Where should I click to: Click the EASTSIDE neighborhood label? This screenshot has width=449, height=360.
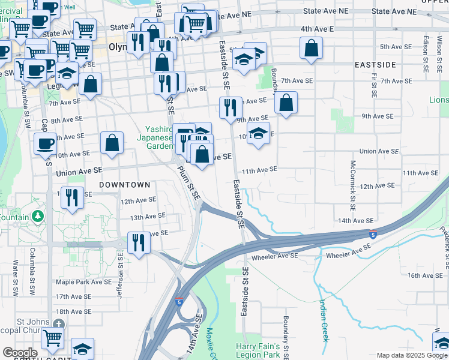tap(375, 64)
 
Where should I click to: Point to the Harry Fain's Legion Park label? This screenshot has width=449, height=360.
tap(259, 351)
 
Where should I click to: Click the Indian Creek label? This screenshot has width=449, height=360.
tap(324, 320)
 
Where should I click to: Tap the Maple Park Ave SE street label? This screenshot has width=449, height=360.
tap(83, 281)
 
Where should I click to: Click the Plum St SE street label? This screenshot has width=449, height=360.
tap(188, 184)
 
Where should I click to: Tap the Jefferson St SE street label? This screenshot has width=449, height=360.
tap(121, 268)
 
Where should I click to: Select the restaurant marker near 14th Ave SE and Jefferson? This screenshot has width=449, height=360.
tap(139, 243)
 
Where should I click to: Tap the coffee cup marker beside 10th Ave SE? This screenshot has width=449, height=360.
tap(45, 144)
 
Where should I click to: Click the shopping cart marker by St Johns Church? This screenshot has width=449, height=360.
tap(53, 338)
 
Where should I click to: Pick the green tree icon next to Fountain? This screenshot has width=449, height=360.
tap(39, 215)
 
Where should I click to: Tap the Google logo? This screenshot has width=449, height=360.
tap(20, 353)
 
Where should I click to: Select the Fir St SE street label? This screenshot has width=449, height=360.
tap(373, 86)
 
